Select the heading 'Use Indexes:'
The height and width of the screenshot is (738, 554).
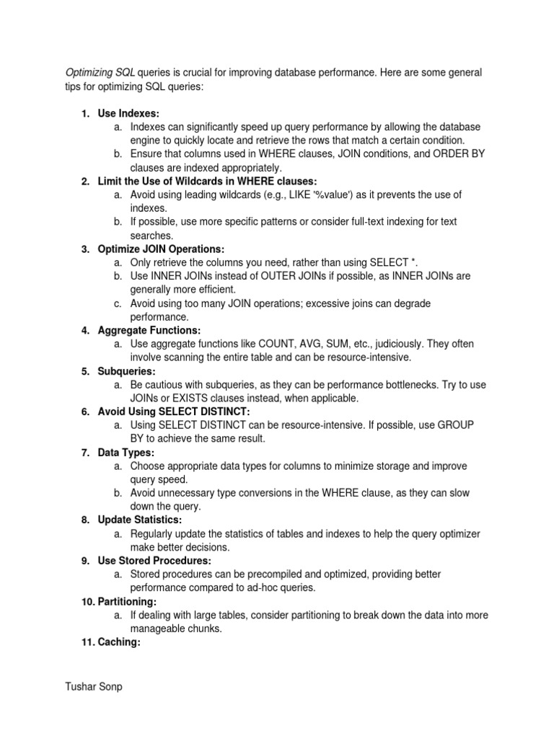point(128,113)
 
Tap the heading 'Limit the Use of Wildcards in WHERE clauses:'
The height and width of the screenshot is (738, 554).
point(207,181)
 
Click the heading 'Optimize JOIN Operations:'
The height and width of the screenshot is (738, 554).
point(162,249)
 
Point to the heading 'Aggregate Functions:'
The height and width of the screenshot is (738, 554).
point(149,330)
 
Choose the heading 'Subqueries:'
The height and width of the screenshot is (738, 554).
point(126,371)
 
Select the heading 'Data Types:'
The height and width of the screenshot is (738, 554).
point(126,452)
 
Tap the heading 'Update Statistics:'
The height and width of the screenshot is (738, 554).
point(140,520)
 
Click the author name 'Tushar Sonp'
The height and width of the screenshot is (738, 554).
point(94,687)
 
